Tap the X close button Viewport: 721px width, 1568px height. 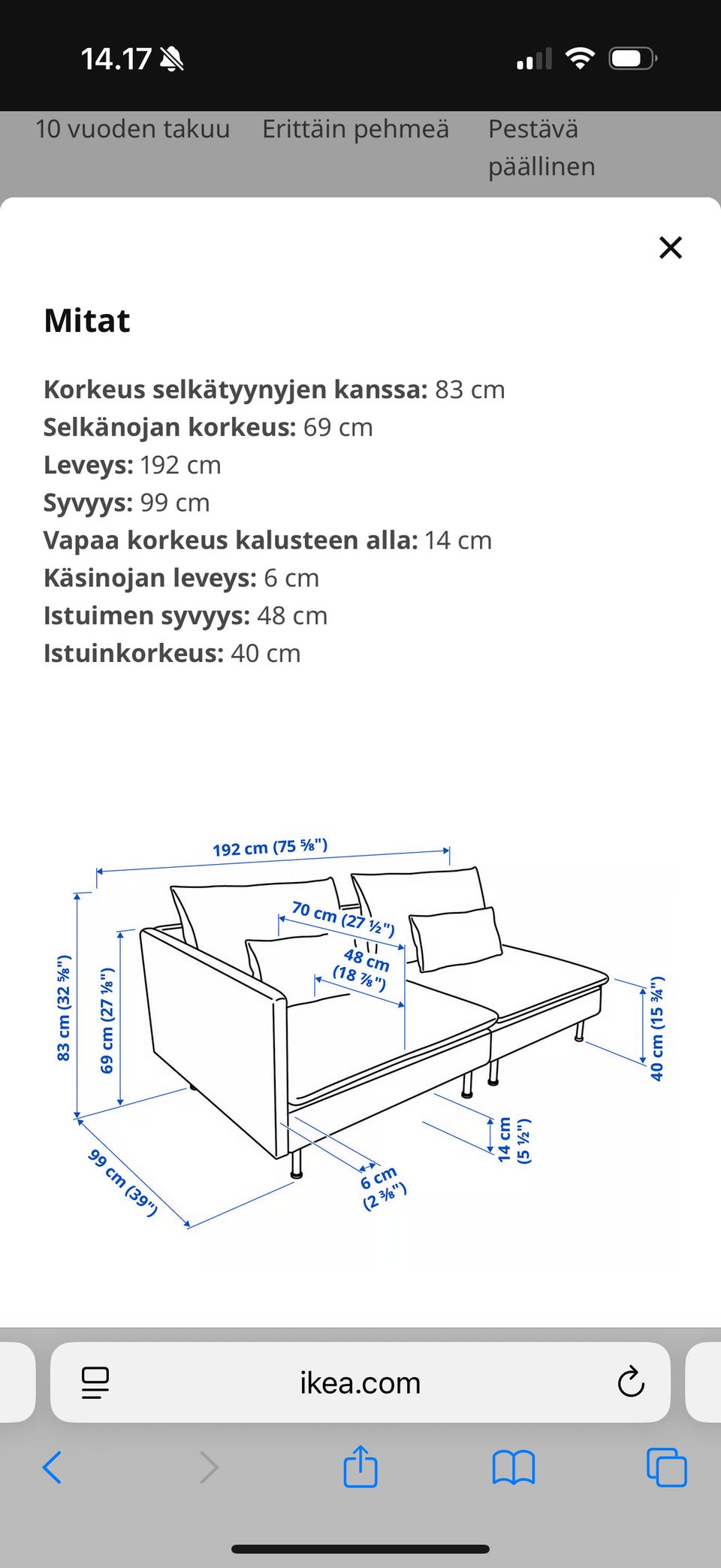click(670, 247)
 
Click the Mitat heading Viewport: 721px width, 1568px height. click(87, 321)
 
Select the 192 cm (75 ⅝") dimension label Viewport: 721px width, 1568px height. click(270, 847)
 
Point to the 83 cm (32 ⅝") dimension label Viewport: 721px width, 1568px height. click(64, 1008)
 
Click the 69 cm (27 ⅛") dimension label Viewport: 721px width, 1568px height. click(107, 1020)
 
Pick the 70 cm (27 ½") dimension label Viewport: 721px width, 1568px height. click(342, 918)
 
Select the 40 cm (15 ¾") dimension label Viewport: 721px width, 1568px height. click(657, 1028)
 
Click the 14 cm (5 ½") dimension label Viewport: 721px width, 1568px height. click(514, 1140)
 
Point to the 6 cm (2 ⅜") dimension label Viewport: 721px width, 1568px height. click(382, 1186)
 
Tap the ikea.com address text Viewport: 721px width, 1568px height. click(360, 1382)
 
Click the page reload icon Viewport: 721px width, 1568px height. click(630, 1382)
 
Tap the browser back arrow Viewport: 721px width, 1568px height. click(52, 1467)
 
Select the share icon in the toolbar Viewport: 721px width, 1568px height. click(360, 1466)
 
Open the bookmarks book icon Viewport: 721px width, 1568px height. click(513, 1467)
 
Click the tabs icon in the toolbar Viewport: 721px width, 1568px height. click(666, 1467)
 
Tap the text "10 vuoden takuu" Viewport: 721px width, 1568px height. click(132, 129)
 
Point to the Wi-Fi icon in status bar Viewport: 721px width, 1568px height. click(579, 59)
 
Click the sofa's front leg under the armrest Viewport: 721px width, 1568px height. click(296, 1162)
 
